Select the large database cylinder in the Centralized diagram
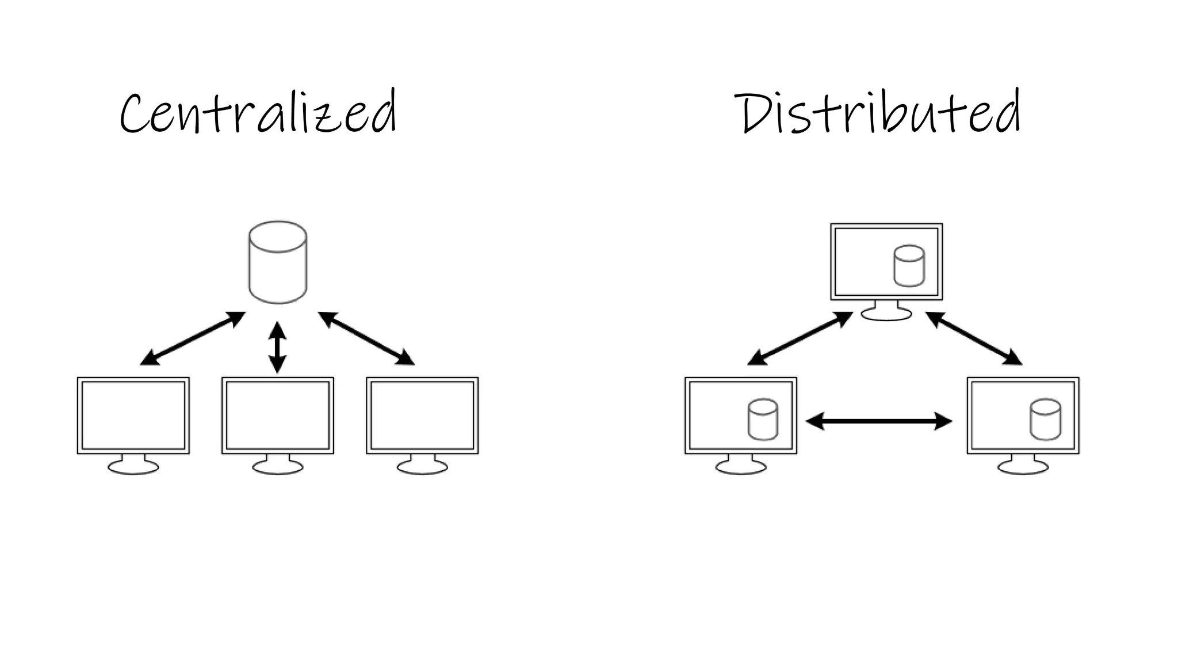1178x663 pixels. point(278,262)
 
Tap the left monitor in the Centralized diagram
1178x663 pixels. point(133,416)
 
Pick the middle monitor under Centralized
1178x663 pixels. point(278,416)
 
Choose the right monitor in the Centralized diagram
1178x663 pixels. point(422,416)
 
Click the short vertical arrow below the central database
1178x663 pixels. point(278,347)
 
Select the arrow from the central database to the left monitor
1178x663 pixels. point(193,338)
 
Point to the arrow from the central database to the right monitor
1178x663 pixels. point(366,338)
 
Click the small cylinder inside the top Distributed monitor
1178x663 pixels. point(909,266)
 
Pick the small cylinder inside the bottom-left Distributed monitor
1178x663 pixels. point(763,420)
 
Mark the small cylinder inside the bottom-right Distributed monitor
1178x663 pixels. point(1045,420)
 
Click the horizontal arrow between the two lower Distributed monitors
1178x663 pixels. point(879,421)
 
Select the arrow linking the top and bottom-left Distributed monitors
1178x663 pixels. point(800,338)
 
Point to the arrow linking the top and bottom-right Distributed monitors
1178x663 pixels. point(973,338)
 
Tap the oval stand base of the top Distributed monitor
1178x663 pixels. point(886,314)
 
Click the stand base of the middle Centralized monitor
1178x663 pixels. point(278,467)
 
